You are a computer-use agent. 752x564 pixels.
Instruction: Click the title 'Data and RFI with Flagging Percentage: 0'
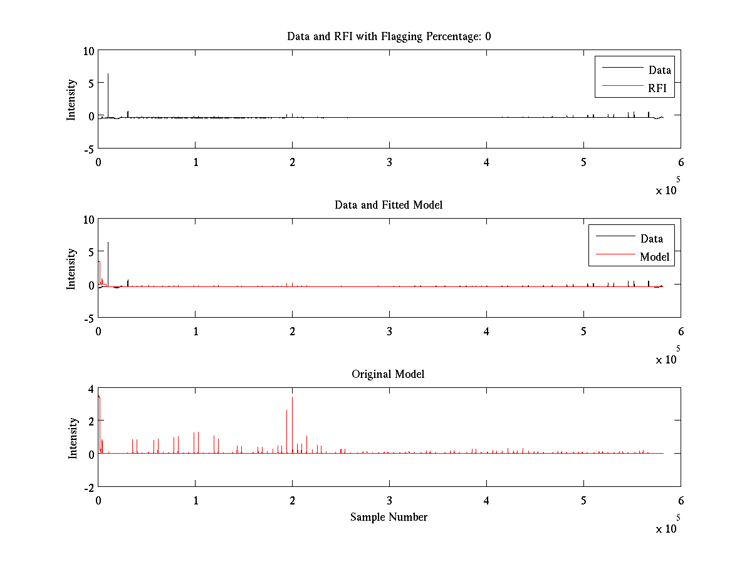[x=389, y=36]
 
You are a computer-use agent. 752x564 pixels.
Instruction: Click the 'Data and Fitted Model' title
[x=389, y=205]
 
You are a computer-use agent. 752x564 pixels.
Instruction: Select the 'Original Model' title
[x=389, y=374]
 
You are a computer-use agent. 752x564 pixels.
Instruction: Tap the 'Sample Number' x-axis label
[x=389, y=517]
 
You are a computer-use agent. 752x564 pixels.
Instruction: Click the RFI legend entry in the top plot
[x=661, y=88]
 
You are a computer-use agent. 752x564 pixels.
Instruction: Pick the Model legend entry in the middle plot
[x=654, y=256]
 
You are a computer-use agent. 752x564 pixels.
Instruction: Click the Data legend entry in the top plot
[x=659, y=70]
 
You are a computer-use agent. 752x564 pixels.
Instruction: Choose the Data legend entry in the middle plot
[x=651, y=238]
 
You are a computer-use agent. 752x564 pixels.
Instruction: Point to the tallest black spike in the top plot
[x=108, y=75]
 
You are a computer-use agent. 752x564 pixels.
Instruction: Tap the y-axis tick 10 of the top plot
[x=88, y=51]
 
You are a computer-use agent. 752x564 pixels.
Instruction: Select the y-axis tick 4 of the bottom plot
[x=91, y=389]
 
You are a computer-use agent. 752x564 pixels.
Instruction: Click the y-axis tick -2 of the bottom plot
[x=88, y=487]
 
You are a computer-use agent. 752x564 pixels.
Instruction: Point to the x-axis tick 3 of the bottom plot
[x=389, y=500]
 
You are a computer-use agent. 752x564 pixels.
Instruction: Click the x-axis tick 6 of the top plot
[x=681, y=162]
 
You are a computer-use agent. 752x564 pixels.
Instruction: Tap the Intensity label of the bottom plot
[x=73, y=437]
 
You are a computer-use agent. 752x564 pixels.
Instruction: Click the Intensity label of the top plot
[x=72, y=99]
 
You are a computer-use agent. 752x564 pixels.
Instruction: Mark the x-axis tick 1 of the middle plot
[x=196, y=331]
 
